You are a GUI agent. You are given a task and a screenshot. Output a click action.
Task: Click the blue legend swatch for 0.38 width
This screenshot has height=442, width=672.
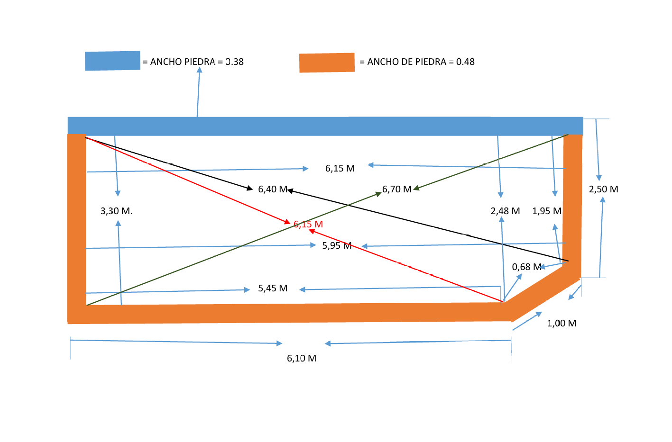pyautogui.click(x=112, y=61)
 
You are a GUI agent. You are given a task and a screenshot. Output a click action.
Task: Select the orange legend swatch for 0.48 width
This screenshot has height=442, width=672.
pyautogui.click(x=327, y=63)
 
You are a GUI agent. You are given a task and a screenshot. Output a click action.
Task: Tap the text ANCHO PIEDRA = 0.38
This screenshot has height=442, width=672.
pyautogui.click(x=193, y=62)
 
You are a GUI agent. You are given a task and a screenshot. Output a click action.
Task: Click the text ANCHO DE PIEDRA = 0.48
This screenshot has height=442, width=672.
pyautogui.click(x=417, y=62)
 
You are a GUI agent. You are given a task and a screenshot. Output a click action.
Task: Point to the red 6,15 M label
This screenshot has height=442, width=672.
pyautogui.click(x=308, y=224)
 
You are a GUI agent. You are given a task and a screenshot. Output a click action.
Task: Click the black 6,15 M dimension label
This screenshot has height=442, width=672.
pyautogui.click(x=340, y=168)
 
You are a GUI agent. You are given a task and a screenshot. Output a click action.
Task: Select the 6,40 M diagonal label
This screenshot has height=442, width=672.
pyautogui.click(x=273, y=189)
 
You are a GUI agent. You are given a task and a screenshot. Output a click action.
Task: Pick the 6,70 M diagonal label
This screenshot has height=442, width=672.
pyautogui.click(x=397, y=189)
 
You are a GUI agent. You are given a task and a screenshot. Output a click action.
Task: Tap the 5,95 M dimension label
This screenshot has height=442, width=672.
pyautogui.click(x=337, y=245)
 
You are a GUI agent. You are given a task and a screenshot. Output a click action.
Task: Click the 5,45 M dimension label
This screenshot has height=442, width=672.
pyautogui.click(x=273, y=288)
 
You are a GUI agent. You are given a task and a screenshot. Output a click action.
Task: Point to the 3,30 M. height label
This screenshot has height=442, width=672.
pyautogui.click(x=116, y=211)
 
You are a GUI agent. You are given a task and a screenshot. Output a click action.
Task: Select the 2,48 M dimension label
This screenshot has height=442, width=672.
pyautogui.click(x=505, y=211)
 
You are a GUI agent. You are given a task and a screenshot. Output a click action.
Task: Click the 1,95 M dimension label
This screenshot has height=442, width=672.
pyautogui.click(x=547, y=211)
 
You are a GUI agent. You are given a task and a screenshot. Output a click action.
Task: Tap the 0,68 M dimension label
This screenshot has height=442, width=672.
pyautogui.click(x=526, y=267)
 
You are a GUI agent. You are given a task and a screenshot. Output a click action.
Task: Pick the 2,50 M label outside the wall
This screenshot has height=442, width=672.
pyautogui.click(x=604, y=189)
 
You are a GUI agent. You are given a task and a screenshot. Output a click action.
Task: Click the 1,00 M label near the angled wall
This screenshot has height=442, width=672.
pyautogui.click(x=562, y=323)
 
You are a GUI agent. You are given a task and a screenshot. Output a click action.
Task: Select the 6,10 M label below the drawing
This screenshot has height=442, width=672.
pyautogui.click(x=302, y=358)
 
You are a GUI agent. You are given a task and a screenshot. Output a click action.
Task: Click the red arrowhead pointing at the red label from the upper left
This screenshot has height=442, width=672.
pyautogui.click(x=287, y=222)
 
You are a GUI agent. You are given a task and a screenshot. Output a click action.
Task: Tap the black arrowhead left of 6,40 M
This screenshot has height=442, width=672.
pyautogui.click(x=250, y=189)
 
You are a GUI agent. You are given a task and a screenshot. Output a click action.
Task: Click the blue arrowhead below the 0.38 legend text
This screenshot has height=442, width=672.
pyautogui.click(x=200, y=70)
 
